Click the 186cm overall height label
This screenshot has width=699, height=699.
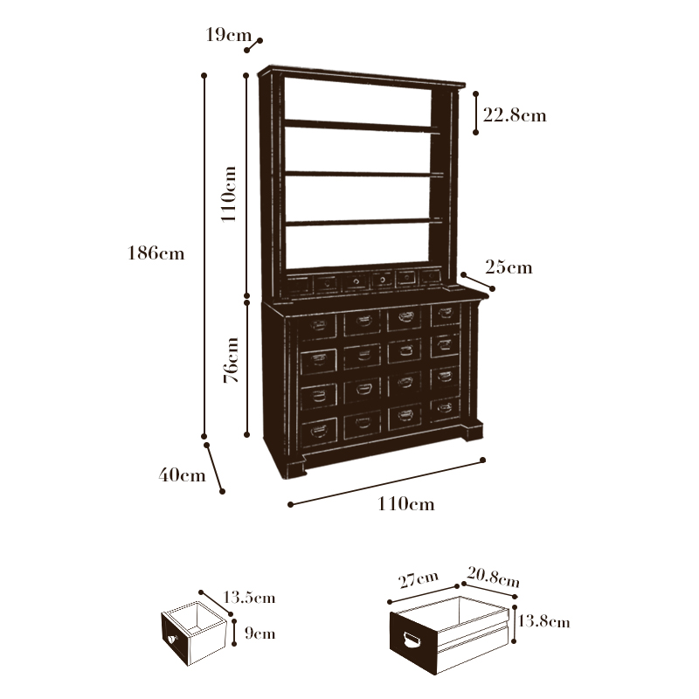[156, 253]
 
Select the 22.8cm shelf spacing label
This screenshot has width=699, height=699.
[514, 114]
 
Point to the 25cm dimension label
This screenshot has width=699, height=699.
[509, 267]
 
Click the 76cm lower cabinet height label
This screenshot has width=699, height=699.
[231, 360]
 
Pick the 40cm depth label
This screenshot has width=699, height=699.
[182, 475]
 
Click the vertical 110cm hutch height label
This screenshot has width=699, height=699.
[229, 194]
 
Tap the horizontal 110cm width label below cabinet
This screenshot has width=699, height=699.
[405, 504]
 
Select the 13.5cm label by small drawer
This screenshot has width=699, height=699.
[249, 598]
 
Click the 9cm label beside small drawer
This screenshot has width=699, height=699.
[260, 633]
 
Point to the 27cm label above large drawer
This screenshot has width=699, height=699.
[418, 579]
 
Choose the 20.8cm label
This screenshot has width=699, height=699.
[493, 577]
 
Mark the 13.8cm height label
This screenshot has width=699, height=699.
[543, 622]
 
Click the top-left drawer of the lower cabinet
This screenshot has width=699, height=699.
[318, 327]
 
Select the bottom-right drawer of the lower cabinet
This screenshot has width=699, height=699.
[445, 407]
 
